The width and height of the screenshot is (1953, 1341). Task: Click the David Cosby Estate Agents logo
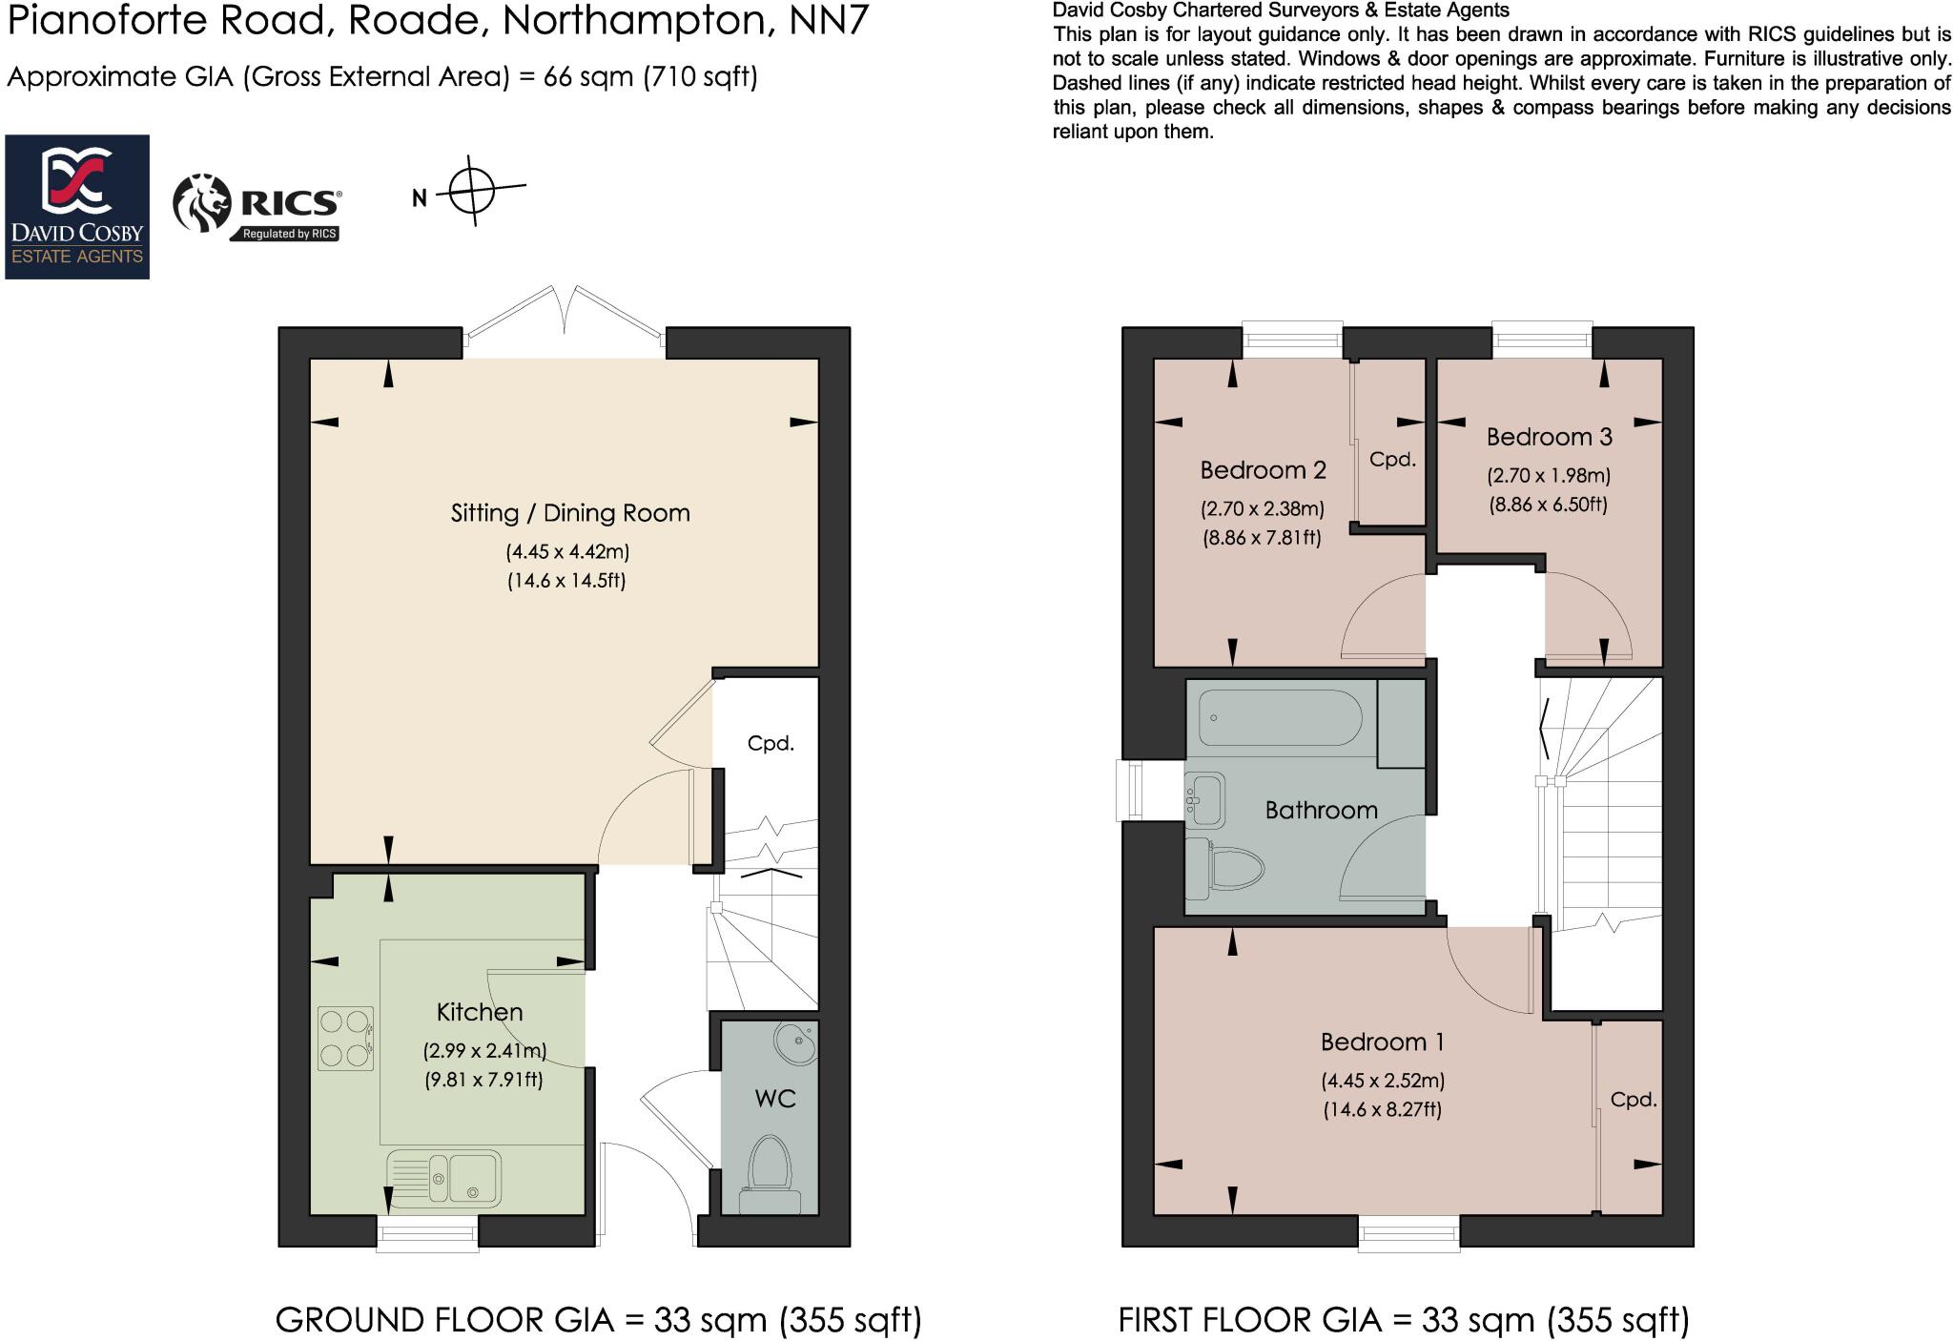click(x=77, y=206)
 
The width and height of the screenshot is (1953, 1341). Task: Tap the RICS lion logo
click(x=202, y=202)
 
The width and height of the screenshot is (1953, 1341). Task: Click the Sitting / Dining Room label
click(x=570, y=513)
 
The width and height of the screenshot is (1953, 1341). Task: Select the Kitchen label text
click(x=480, y=1012)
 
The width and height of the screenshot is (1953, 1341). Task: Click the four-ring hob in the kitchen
click(x=345, y=1039)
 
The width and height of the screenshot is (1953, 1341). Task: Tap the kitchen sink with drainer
click(x=444, y=1179)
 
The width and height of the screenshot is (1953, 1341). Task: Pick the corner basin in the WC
click(x=794, y=1043)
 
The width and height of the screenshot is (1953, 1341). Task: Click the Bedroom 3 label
click(x=1549, y=437)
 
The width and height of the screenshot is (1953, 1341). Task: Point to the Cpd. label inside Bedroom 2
click(x=1392, y=460)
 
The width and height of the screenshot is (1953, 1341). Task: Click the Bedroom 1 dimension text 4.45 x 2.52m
click(x=1383, y=1081)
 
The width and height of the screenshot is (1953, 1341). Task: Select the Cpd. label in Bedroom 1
click(x=1634, y=1100)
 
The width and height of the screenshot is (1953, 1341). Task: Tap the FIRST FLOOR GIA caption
click(x=1404, y=1320)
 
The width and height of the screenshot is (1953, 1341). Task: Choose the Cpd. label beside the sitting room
click(x=771, y=743)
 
